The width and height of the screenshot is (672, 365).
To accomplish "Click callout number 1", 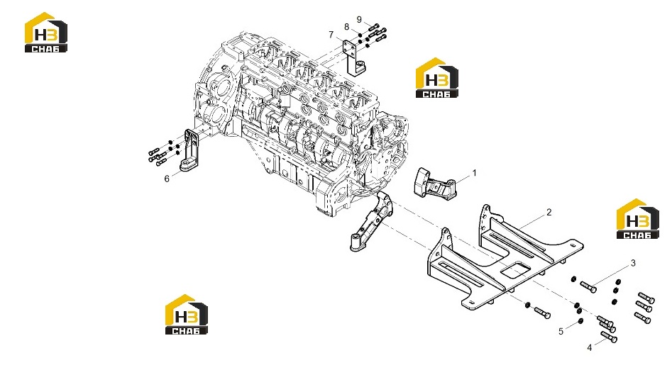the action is (474, 174).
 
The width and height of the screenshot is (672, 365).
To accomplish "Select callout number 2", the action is (549, 212).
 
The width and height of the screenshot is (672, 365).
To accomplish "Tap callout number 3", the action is (633, 264).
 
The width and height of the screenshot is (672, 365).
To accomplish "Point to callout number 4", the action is (589, 348).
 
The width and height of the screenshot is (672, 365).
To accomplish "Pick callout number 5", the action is (561, 332).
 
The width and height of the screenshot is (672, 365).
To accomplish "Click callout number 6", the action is (167, 179).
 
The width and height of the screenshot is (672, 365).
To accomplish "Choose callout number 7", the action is (331, 35).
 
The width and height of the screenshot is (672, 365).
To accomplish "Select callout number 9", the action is (359, 20).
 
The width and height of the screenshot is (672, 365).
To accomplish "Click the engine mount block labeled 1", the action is (434, 183).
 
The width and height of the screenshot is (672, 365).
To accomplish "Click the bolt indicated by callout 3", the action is (588, 287).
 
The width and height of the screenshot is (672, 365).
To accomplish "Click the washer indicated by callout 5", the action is (580, 321).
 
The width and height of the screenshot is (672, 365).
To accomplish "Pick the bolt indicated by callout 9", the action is (374, 26).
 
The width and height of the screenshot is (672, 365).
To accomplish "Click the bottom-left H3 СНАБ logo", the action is (187, 314).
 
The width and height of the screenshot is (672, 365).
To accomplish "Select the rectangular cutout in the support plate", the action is (516, 269).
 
